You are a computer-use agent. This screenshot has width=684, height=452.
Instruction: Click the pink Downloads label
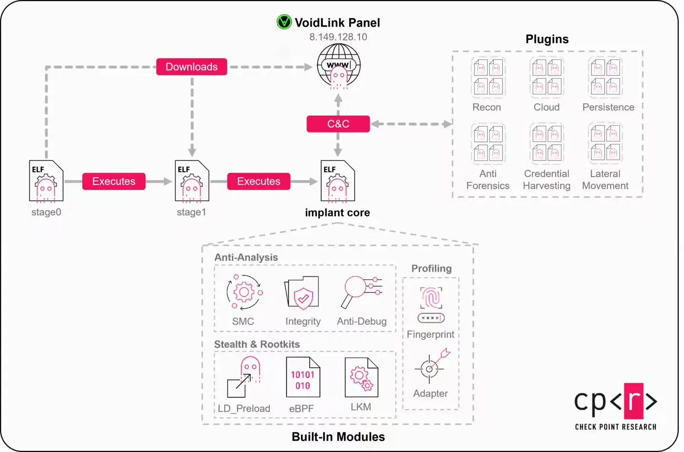pyautogui.click(x=191, y=67)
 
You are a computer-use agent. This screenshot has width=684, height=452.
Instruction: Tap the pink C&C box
pyautogui.click(x=338, y=124)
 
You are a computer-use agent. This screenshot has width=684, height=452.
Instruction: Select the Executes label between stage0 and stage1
pyautogui.click(x=114, y=181)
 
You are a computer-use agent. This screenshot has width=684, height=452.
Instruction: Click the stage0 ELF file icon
pyautogui.click(x=46, y=181)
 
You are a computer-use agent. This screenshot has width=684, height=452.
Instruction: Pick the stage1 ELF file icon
pyautogui.click(x=192, y=181)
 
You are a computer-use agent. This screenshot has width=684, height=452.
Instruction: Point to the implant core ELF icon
pyautogui.click(x=338, y=181)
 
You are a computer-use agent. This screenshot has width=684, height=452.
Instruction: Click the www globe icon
pyautogui.click(x=339, y=66)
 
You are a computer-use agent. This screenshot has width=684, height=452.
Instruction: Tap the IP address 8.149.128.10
pyautogui.click(x=338, y=37)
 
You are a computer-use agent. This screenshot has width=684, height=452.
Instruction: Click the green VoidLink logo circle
pyautogui.click(x=284, y=22)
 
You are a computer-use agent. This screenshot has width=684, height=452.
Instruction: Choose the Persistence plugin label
pyautogui.click(x=608, y=107)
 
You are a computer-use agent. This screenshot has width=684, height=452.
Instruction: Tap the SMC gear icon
pyautogui.click(x=244, y=292)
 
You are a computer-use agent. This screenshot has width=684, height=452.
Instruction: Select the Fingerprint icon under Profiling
pyautogui.click(x=431, y=304)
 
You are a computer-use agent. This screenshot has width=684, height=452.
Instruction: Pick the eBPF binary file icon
pyautogui.click(x=303, y=377)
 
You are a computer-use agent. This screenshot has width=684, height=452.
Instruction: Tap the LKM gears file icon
pyautogui.click(x=361, y=377)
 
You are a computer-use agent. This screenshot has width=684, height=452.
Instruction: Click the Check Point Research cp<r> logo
pyautogui.click(x=616, y=406)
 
